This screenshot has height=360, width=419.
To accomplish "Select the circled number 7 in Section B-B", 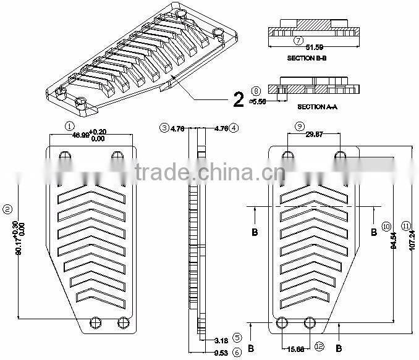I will [298, 41].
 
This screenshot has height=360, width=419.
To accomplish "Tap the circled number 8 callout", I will [256, 91].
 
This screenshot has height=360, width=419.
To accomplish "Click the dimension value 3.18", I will [222, 340].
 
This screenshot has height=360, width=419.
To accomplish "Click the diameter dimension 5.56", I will [258, 101].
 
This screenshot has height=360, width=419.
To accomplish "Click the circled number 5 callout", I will [237, 338].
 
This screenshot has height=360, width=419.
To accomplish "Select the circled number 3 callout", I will [164, 128].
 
